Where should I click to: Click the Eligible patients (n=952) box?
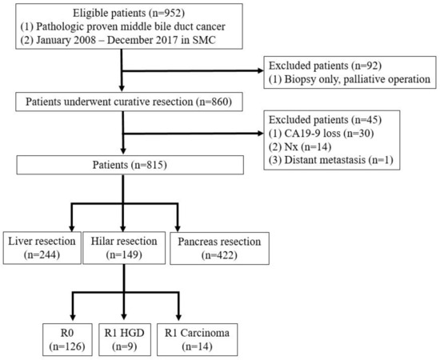(x=121, y=30)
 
